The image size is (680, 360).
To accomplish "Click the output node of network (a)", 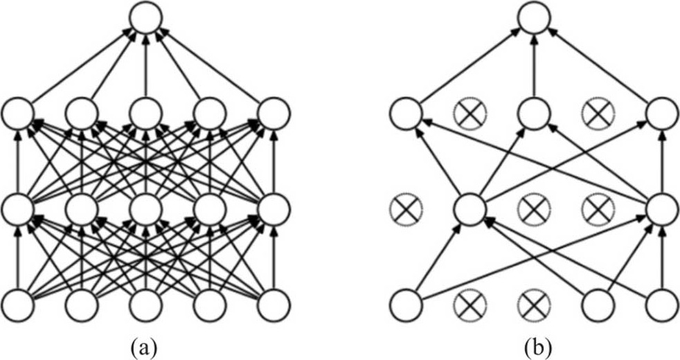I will tap(146, 19).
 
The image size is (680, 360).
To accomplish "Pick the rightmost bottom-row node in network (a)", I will tap(274, 304).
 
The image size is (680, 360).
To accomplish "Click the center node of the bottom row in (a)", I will tap(146, 304).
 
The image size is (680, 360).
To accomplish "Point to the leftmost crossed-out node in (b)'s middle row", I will tap(405, 208).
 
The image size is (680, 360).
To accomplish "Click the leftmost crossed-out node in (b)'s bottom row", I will tap(469, 304).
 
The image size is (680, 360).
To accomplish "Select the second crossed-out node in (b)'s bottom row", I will tap(533, 304).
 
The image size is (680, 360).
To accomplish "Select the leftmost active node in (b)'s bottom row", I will tap(405, 304).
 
